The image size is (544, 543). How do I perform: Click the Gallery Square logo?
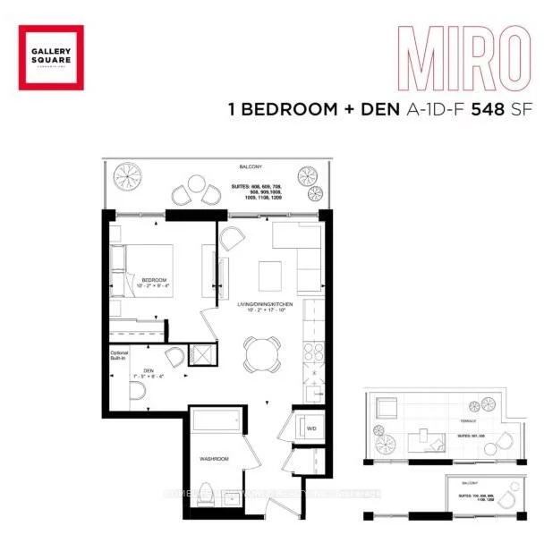click(51, 58)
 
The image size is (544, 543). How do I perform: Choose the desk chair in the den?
click(175, 357)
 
